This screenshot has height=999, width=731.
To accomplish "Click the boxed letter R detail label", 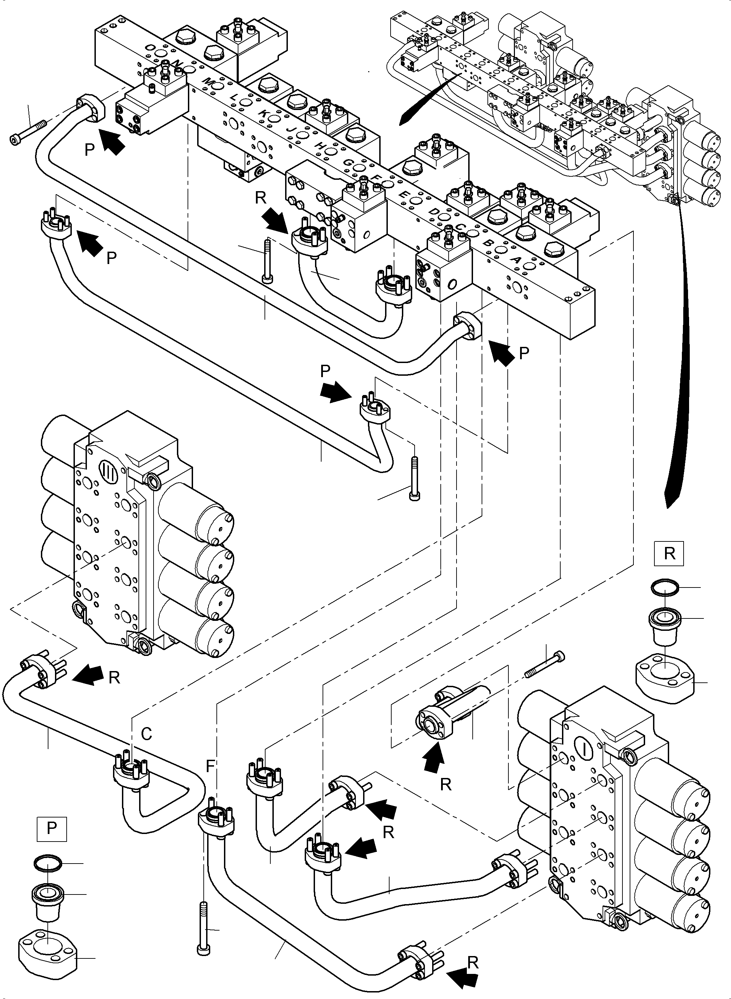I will (x=670, y=553).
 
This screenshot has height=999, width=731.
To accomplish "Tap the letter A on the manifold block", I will (x=516, y=260).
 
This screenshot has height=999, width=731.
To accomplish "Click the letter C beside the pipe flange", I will (x=146, y=734).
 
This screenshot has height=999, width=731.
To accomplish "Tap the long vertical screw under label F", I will (x=202, y=925).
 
